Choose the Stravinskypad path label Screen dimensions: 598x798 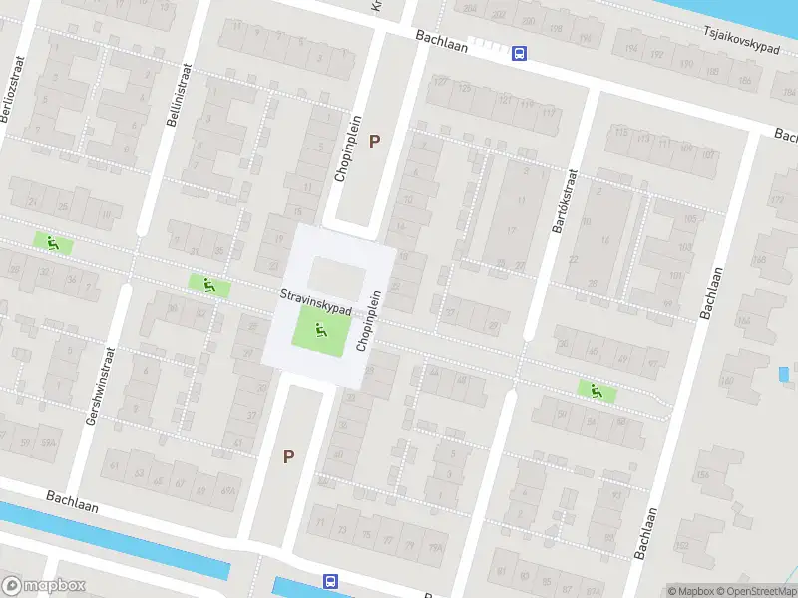tap(315, 302)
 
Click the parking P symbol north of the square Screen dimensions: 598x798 tap(375, 141)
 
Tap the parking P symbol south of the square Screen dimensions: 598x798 tap(289, 457)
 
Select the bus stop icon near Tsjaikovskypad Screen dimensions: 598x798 tap(519, 54)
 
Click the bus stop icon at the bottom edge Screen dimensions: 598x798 tap(329, 581)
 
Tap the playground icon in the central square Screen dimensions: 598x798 tap(320, 330)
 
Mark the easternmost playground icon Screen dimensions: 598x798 tap(597, 391)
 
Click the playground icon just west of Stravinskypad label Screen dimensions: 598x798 tap(209, 285)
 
